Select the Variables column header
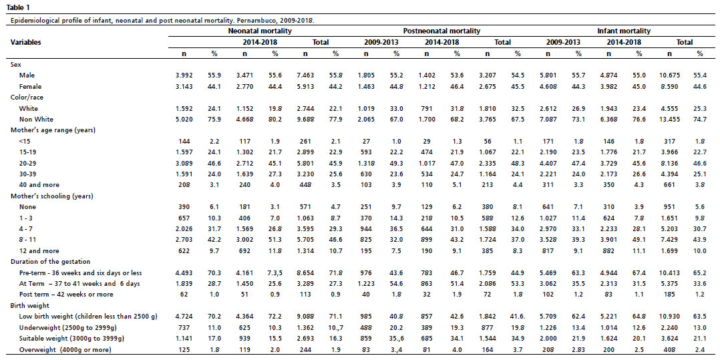click(25, 42)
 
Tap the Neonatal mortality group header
click(260, 31)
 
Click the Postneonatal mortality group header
click(441, 31)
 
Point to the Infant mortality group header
click(624, 31)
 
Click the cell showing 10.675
click(669, 74)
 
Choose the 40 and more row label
click(35, 185)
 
